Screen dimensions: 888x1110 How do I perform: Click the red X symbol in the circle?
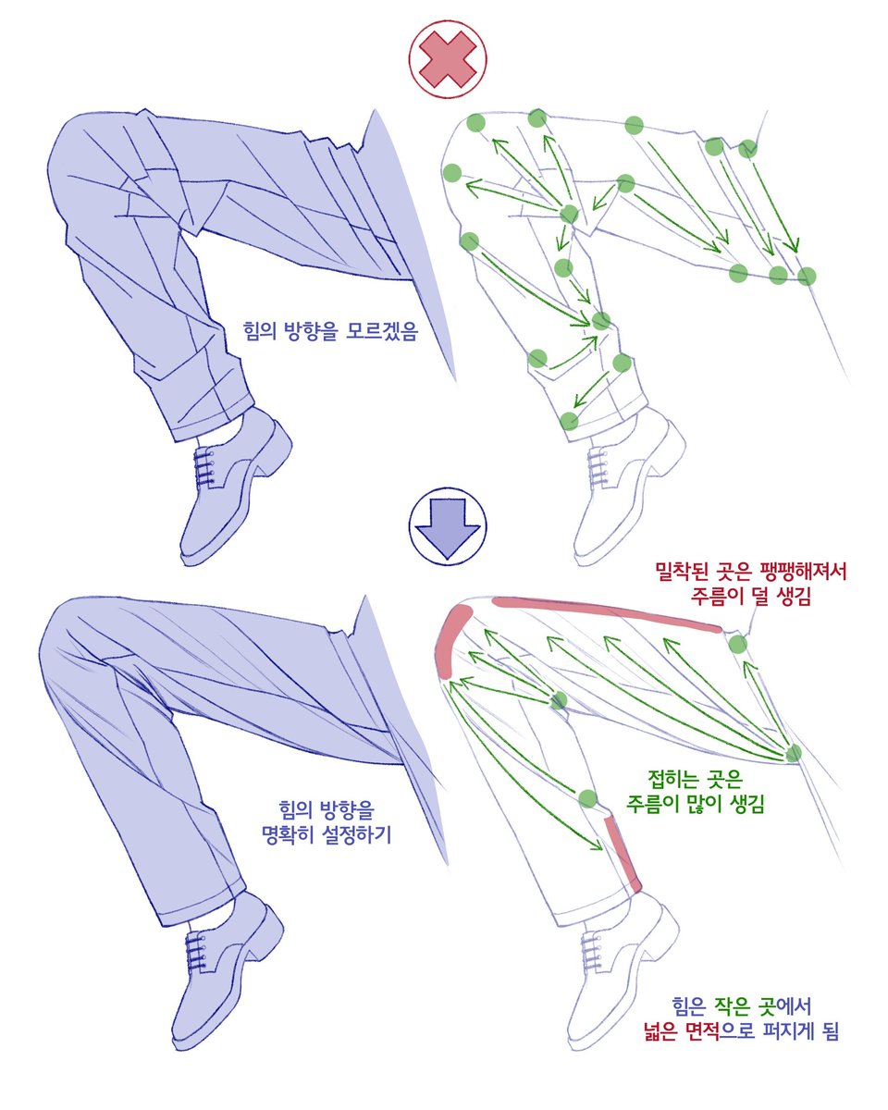[x=448, y=58]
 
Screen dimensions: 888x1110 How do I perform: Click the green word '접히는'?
[x=672, y=778]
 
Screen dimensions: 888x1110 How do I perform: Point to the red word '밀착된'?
[x=680, y=571]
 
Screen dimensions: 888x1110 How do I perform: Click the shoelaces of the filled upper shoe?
[x=204, y=467]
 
